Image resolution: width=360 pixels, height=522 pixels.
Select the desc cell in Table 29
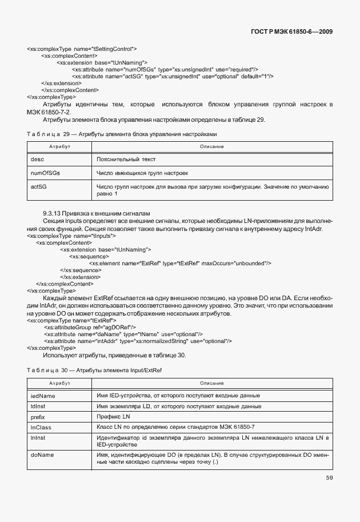[x=37, y=159]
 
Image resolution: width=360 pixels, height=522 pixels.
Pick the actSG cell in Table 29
[x=39, y=186]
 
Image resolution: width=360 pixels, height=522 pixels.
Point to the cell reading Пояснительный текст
[x=126, y=159]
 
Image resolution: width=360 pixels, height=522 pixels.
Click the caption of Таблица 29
[x=122, y=133]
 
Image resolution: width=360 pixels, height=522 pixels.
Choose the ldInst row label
[x=38, y=407]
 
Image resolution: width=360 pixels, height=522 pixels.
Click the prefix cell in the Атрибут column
[x=38, y=417]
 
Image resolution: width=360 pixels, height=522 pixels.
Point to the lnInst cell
[x=38, y=438]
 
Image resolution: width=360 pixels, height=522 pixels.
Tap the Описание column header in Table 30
[x=211, y=382]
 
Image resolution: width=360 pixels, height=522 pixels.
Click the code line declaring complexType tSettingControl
[x=82, y=49]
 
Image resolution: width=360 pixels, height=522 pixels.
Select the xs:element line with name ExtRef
[x=179, y=263]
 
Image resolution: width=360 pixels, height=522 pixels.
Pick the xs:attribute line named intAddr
[x=137, y=341]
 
